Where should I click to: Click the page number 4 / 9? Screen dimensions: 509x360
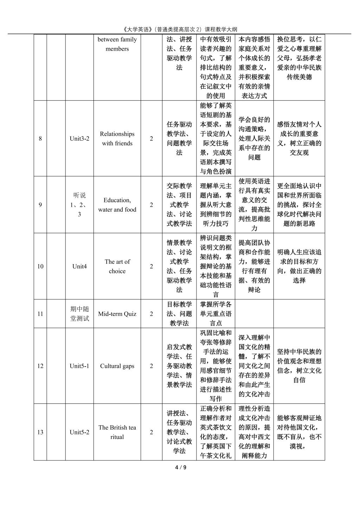180,467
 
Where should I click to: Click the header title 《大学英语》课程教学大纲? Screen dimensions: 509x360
180,29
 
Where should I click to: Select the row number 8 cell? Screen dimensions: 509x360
40,139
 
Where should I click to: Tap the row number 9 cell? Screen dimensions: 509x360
40,205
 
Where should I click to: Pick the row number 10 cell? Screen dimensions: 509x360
40,266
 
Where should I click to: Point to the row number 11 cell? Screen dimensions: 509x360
40,314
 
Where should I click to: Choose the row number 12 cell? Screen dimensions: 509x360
40,366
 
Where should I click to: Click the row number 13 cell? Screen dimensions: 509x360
40,432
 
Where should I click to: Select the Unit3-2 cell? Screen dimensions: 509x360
79,139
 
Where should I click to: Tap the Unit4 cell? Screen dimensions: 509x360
79,266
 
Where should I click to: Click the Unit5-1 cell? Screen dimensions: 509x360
79,366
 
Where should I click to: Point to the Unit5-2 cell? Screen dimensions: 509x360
79,432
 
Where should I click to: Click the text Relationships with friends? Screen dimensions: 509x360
117,139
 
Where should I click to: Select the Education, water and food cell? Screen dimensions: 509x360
117,205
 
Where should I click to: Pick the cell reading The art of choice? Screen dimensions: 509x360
117,266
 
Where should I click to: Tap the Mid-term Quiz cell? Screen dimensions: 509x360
117,314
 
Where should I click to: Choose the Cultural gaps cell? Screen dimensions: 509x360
117,366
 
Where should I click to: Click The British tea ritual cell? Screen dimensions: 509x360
117,432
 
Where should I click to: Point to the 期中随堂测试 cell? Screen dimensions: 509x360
79,314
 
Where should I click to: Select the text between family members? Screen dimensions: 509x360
117,44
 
